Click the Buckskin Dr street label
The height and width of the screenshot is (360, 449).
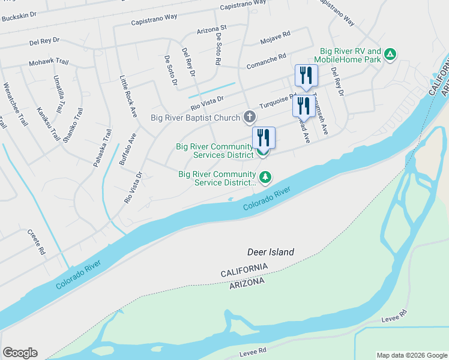(x=20, y=18)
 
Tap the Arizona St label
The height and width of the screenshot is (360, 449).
(x=211, y=28)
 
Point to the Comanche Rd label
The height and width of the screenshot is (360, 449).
(x=265, y=59)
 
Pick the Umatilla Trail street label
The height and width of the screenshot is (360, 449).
(x=58, y=94)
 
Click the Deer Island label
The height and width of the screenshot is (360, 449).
(x=271, y=253)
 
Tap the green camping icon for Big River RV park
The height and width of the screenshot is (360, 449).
(x=391, y=55)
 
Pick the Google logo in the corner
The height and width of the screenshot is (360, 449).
(x=20, y=353)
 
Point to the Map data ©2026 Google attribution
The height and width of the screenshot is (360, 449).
(x=412, y=355)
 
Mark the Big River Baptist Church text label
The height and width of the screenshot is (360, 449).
(x=195, y=118)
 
